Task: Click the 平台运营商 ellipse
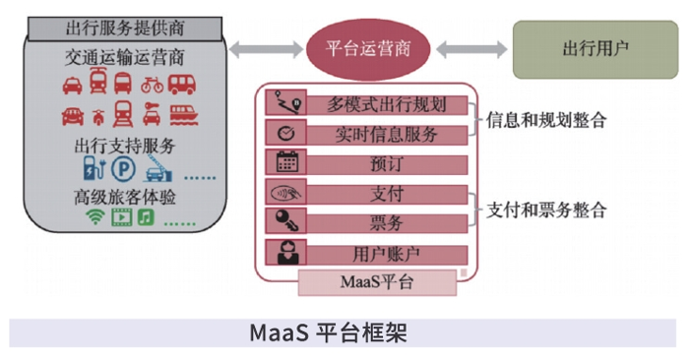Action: (370, 46)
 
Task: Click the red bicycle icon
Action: (152, 84)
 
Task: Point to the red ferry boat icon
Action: (183, 116)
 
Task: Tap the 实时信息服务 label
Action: (388, 134)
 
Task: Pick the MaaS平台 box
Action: (378, 282)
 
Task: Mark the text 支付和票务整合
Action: (546, 210)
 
